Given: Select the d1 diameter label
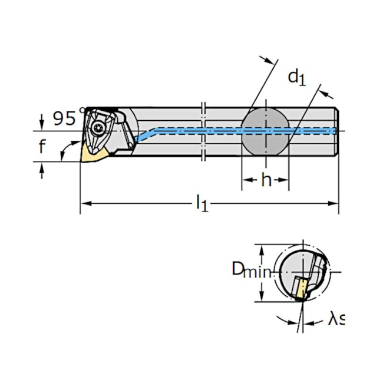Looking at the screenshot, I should pos(296,77).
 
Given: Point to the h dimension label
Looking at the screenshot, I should pos(266,180).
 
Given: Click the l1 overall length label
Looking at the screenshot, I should pos(202,204).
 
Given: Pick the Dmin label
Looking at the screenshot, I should pos(250,270).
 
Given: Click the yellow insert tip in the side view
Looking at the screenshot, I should pos(95,154).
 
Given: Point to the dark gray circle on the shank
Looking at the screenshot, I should pos(265,130).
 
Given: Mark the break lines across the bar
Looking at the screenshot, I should pos(202,131).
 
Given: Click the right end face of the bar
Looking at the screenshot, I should pos(338,131).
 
